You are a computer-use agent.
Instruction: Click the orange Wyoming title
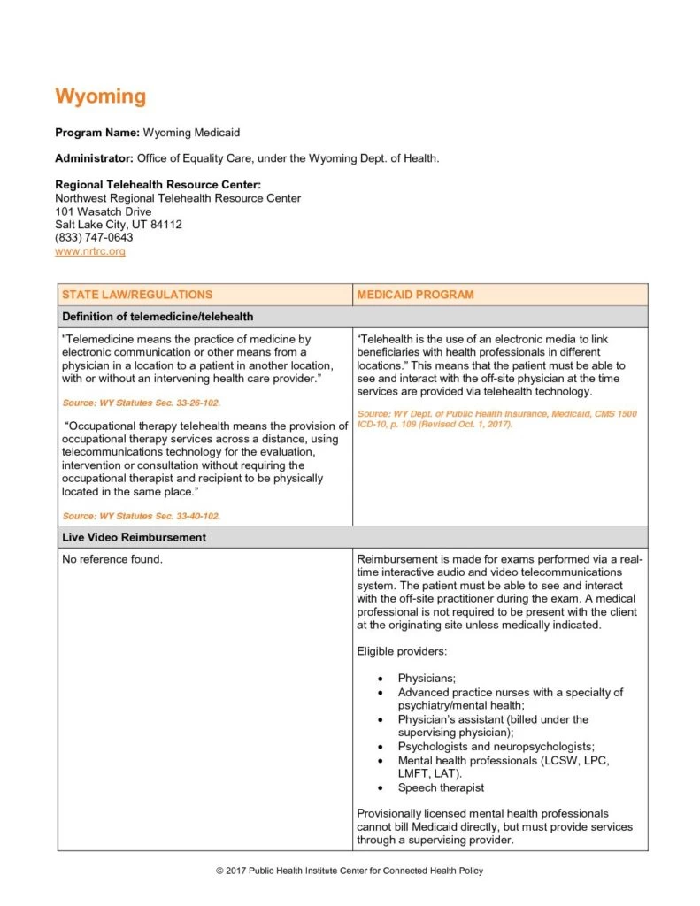[x=100, y=96]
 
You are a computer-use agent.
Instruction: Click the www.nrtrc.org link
[x=90, y=251]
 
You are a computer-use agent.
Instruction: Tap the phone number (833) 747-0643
[x=94, y=238]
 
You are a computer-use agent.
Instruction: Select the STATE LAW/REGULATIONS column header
[x=136, y=295]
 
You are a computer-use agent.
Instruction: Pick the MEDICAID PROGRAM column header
[x=415, y=295]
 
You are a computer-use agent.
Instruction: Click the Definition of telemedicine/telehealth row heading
[x=158, y=317]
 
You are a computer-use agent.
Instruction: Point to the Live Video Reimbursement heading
[x=134, y=537]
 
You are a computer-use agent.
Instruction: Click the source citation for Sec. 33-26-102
[x=142, y=403]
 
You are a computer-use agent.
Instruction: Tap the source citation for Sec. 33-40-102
[x=142, y=516]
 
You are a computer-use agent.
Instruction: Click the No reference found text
[x=112, y=559]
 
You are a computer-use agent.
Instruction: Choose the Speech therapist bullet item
[x=441, y=787]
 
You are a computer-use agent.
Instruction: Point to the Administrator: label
[x=93, y=158]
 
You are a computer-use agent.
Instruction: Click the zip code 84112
[x=165, y=225]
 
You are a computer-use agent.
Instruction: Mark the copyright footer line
[x=350, y=871]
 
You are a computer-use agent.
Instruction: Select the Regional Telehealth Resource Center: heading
[x=158, y=185]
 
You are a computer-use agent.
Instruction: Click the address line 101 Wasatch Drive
[x=103, y=211]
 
